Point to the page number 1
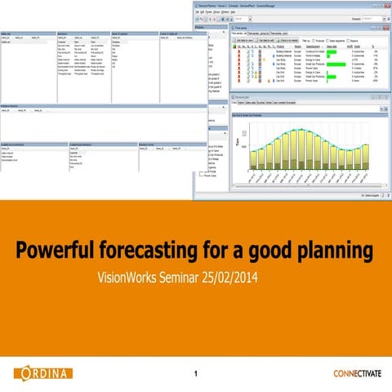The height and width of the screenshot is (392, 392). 196,375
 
